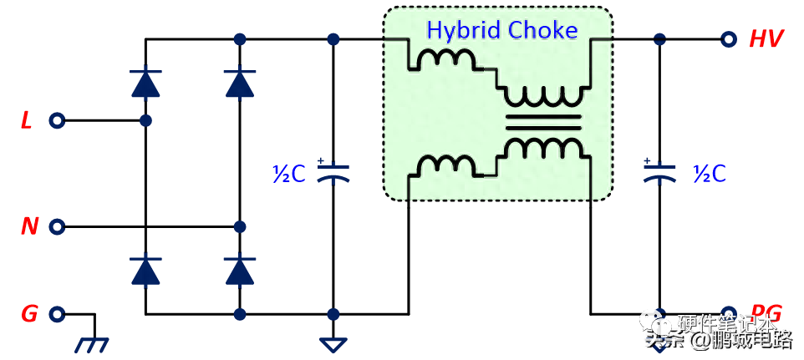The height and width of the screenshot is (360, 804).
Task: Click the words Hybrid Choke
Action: (501, 31)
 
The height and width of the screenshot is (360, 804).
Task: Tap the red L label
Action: (27, 122)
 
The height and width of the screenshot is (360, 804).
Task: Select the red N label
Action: (29, 226)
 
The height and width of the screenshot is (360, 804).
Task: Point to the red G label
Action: (29, 315)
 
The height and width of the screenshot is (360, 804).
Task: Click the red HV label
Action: (766, 39)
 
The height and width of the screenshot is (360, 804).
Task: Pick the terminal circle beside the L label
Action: (57, 121)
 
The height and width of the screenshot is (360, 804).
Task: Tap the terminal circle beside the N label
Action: (57, 226)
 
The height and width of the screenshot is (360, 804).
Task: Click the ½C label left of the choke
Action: (289, 174)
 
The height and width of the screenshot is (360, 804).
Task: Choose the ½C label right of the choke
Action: (710, 174)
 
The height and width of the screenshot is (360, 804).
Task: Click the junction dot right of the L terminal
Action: (146, 121)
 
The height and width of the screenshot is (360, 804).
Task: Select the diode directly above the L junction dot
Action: (146, 84)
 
